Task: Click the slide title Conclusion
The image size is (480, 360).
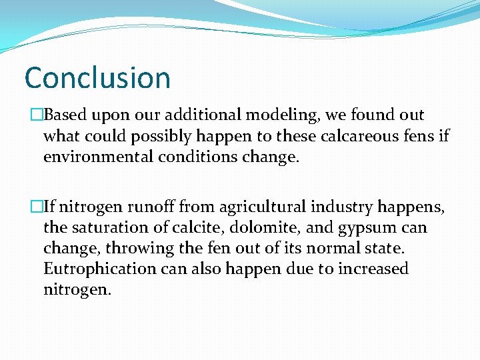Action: (x=97, y=77)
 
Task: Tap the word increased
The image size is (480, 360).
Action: (x=374, y=269)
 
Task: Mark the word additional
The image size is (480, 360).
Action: (x=207, y=115)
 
